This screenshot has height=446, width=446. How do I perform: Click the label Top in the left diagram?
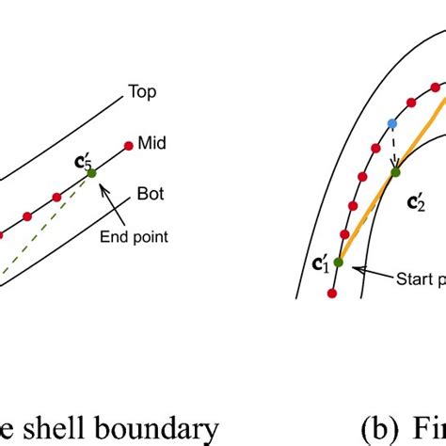(141, 93)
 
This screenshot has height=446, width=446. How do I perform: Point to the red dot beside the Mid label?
(128, 146)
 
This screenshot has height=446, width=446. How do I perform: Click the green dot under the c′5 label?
(91, 172)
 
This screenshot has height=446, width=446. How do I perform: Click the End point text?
(134, 237)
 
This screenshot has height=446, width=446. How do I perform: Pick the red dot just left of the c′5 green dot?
(57, 197)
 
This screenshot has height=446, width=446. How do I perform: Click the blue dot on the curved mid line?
(391, 124)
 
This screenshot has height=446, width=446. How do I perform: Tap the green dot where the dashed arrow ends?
(396, 171)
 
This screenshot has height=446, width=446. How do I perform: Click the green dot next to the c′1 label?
(338, 262)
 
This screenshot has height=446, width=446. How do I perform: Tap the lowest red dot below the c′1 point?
(332, 294)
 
